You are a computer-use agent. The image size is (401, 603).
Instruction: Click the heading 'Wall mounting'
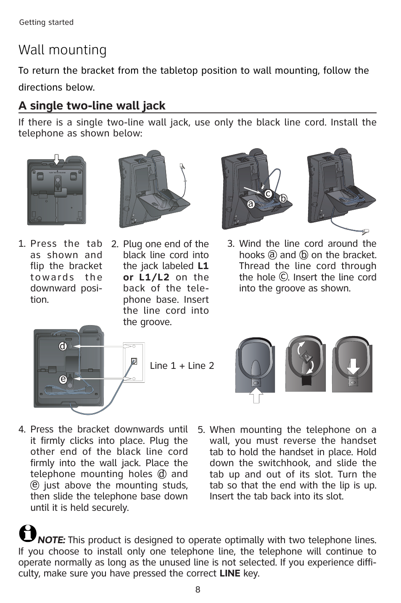coord(63,50)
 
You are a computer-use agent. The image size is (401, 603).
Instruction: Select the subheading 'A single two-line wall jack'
coord(92,106)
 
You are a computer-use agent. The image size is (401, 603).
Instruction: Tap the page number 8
coord(198,590)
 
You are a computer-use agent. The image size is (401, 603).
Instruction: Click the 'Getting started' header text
coord(46,22)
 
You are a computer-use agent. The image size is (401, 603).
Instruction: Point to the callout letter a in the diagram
coord(251,204)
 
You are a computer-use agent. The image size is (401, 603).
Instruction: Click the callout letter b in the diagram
coord(283,198)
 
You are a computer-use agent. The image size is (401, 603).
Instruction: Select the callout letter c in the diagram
coord(268,193)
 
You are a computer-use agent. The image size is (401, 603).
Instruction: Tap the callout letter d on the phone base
coord(63,346)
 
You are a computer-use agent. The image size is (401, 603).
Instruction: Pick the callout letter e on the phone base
coord(63,379)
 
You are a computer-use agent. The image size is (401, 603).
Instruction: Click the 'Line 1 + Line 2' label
coord(182,366)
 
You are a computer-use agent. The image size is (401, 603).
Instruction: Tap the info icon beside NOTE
coord(28,534)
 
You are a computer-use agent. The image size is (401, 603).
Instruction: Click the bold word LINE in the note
coord(230,574)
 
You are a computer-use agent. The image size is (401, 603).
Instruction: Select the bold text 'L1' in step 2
coord(203,266)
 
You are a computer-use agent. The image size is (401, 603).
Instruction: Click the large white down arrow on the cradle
coord(353,365)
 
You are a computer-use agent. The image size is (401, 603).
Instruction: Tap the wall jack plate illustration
coord(134,362)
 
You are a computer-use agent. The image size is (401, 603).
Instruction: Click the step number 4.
coord(22,430)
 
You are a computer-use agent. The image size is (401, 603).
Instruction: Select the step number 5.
coord(201,430)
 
